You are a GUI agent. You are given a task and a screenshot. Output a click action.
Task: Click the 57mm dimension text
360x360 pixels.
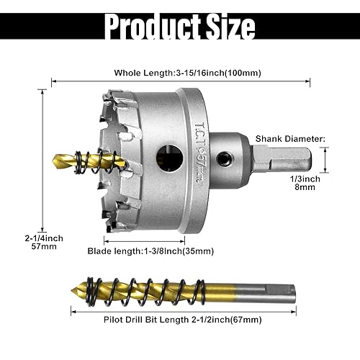click(23, 246)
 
